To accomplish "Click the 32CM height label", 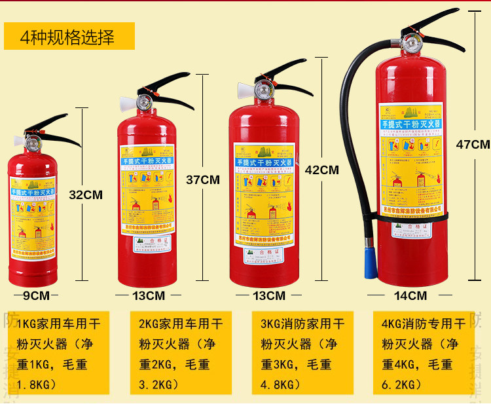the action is tap(86, 195).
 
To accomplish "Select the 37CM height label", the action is tap(203, 179).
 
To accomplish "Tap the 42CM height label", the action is tap(321, 170).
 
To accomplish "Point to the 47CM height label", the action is tap(473, 145).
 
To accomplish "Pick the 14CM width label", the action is tap(410, 295).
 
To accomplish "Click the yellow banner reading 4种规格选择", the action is tap(69, 37).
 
